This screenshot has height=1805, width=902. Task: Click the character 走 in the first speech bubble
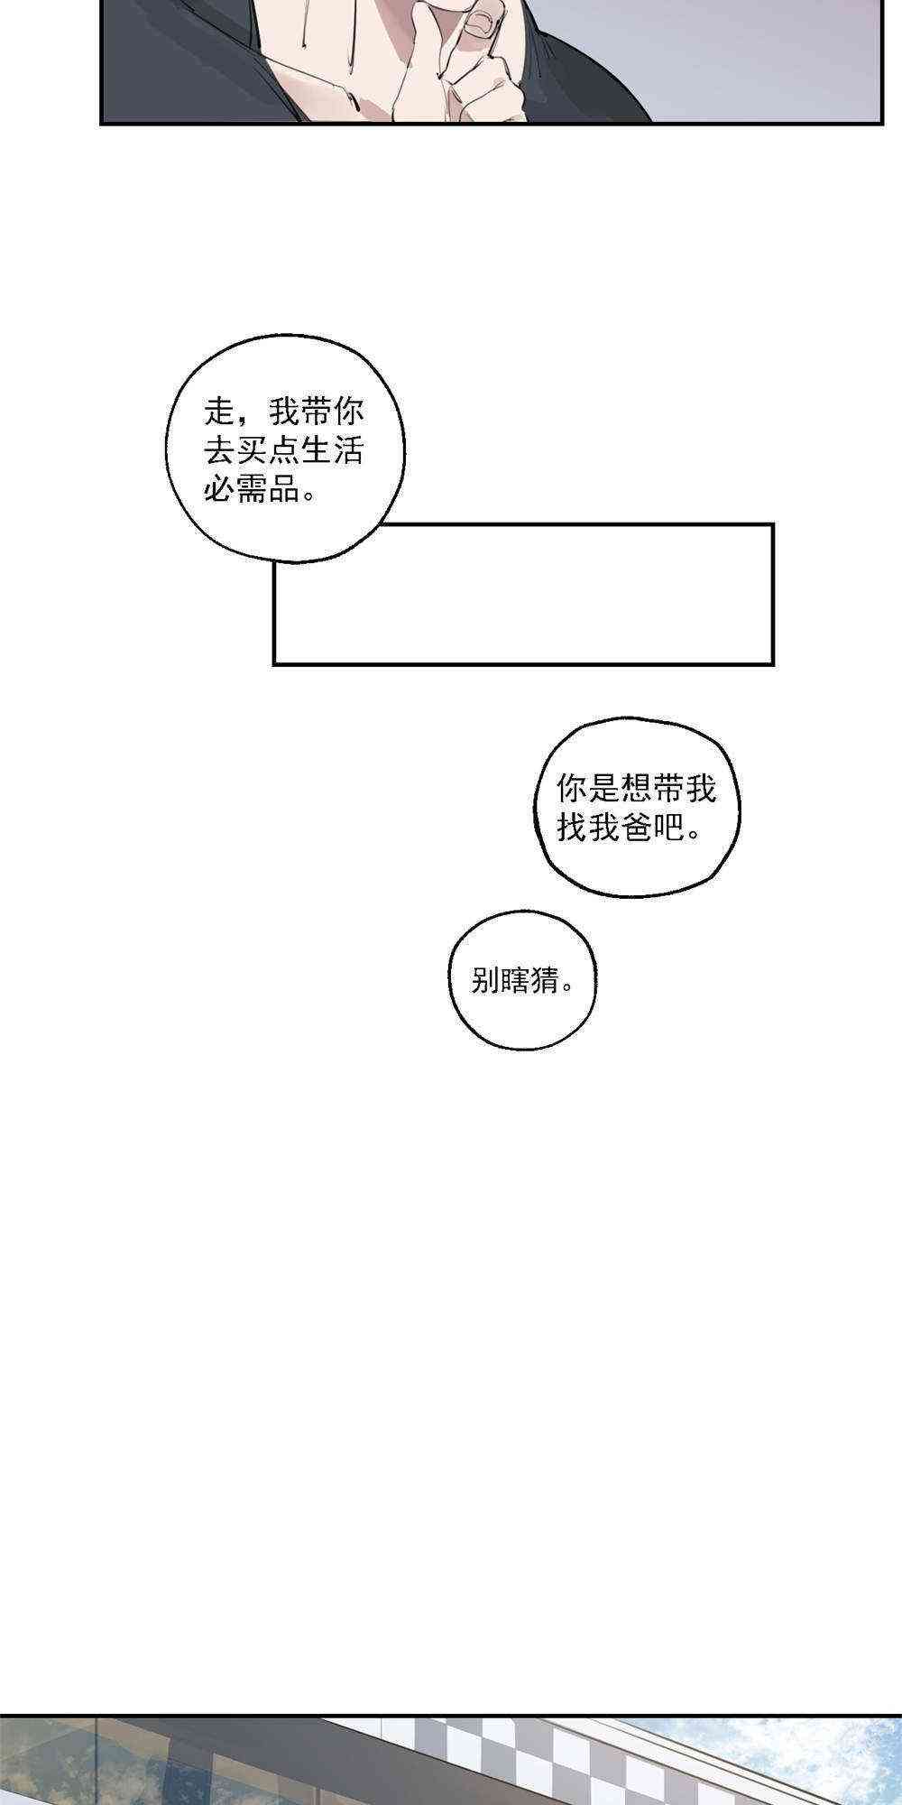click(x=219, y=413)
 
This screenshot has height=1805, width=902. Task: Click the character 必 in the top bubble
click(x=219, y=491)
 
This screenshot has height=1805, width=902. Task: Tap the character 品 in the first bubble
click(x=284, y=491)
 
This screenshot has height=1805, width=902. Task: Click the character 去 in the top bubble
click(x=219, y=452)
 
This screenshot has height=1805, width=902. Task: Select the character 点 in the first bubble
click(x=284, y=452)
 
